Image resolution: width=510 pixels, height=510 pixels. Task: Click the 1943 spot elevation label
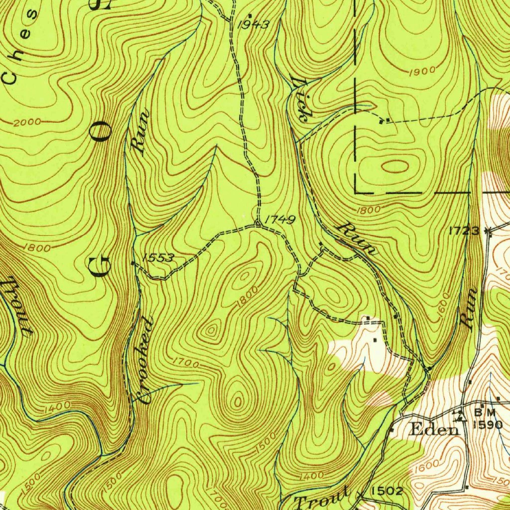tap(254, 24)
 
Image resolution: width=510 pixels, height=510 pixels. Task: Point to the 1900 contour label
tap(421, 72)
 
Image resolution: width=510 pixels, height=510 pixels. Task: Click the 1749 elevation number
tap(280, 220)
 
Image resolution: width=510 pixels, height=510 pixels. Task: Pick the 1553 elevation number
tap(158, 257)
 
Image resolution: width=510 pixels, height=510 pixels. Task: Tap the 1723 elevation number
tap(464, 230)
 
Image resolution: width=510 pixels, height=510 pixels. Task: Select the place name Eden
tap(433, 430)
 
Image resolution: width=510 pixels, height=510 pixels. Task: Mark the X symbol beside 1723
tap(488, 231)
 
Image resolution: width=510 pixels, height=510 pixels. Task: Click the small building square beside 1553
tap(133, 263)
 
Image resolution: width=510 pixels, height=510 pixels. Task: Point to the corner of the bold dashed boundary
tap(356, 191)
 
